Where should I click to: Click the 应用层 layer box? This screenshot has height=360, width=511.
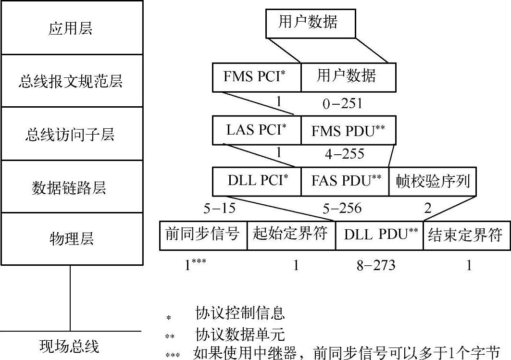click(x=71, y=28)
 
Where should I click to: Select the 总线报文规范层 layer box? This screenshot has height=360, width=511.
click(x=71, y=81)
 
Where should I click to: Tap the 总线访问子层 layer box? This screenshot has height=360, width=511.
click(x=71, y=134)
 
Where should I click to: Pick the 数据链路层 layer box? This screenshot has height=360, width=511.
click(x=71, y=187)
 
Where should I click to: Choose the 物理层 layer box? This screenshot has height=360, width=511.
click(x=71, y=239)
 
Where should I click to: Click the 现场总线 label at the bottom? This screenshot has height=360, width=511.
click(x=69, y=346)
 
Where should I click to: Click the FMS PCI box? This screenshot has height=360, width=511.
click(x=257, y=77)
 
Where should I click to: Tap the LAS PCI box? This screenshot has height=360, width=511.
click(x=257, y=131)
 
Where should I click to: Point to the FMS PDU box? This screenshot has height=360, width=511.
click(x=348, y=131)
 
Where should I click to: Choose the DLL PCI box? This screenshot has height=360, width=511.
click(x=257, y=182)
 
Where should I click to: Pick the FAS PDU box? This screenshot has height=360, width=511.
click(x=345, y=182)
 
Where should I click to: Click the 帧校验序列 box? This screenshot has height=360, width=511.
click(x=433, y=182)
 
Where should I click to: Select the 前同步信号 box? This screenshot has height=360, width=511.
click(x=203, y=235)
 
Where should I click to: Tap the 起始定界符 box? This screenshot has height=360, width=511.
click(x=291, y=235)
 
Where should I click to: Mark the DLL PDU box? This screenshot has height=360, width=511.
click(x=379, y=235)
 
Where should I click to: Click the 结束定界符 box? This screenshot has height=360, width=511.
click(x=466, y=235)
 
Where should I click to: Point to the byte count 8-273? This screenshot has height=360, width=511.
click(x=375, y=265)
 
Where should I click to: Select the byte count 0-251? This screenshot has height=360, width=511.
click(x=342, y=103)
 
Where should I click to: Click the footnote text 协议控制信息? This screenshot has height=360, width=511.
click(x=240, y=314)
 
